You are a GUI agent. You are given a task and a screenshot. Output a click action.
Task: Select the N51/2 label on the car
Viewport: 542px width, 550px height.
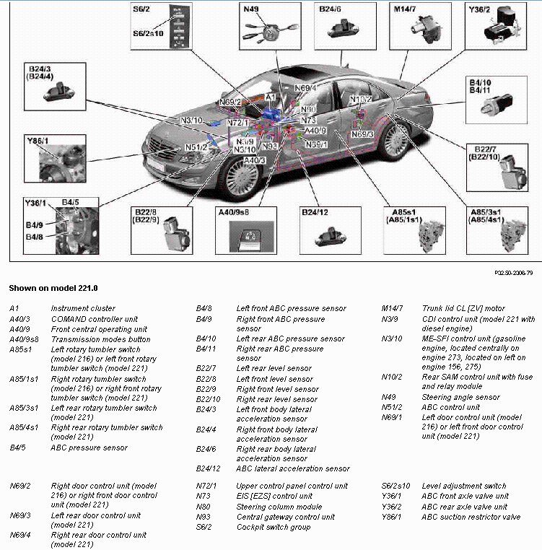point(196,148)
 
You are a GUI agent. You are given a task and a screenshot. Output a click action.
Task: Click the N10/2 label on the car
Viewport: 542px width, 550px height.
point(361,99)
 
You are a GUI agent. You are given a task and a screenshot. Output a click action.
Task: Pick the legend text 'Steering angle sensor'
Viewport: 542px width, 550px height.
point(460,397)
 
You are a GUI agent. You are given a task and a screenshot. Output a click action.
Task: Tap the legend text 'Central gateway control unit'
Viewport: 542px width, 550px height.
point(286,517)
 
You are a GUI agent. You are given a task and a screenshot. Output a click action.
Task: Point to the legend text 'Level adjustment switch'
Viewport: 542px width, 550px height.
point(465,486)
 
